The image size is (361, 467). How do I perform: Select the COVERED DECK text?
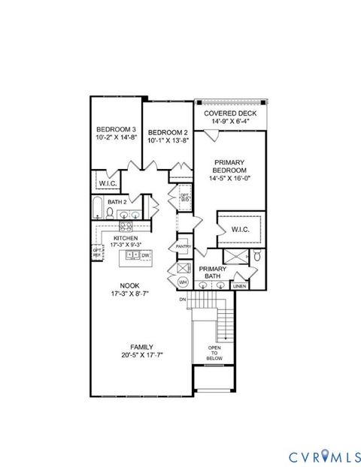coord(231,113)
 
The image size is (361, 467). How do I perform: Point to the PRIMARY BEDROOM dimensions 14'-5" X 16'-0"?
coord(231,179)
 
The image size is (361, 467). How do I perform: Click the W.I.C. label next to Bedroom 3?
coord(106,182)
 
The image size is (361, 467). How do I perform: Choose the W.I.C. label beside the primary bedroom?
coord(240,229)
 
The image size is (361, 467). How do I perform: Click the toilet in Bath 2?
coord(109,213)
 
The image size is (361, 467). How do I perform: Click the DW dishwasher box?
coord(146,255)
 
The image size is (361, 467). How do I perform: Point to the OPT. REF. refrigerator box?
coord(96,253)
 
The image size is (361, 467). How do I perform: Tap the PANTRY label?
coord(182,246)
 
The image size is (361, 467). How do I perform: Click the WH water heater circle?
coord(182,282)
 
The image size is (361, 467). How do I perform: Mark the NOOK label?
coord(130,285)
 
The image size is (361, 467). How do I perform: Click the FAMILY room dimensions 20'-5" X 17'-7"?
coord(141,355)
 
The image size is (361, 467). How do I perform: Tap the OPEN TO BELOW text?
coord(215,353)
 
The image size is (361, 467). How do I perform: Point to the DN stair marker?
coord(182,300)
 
